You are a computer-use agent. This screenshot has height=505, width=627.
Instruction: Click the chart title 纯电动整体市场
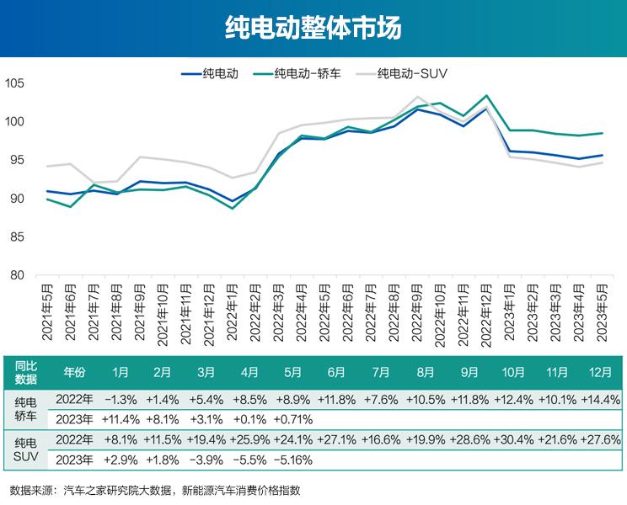tap(313, 28)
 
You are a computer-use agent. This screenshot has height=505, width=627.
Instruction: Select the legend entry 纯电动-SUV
tap(411, 73)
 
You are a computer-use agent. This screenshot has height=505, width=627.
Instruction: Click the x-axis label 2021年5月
tap(48, 311)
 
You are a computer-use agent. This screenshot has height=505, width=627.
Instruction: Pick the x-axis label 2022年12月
tap(485, 311)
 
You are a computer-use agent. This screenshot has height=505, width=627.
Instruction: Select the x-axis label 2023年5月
tap(600, 311)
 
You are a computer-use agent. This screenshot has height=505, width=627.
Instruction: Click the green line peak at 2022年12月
tap(486, 96)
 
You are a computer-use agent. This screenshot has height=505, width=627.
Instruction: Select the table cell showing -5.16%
tap(293, 460)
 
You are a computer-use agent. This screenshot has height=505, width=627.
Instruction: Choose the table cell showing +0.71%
tap(293, 419)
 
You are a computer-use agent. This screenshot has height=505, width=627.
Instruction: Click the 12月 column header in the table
tap(600, 371)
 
